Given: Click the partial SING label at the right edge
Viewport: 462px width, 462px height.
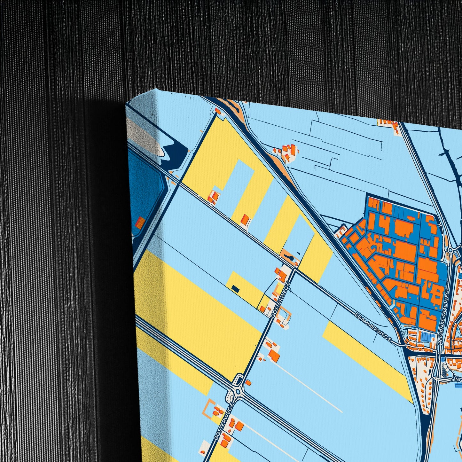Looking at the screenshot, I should pyautogui.click(x=456, y=379).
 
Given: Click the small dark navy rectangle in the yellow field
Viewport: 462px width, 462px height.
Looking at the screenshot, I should pyautogui.click(x=235, y=289).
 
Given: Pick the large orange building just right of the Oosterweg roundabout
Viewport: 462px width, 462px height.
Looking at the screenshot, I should pyautogui.click(x=274, y=355).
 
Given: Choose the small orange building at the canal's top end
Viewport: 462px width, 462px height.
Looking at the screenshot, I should pyautogui.click(x=218, y=111).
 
